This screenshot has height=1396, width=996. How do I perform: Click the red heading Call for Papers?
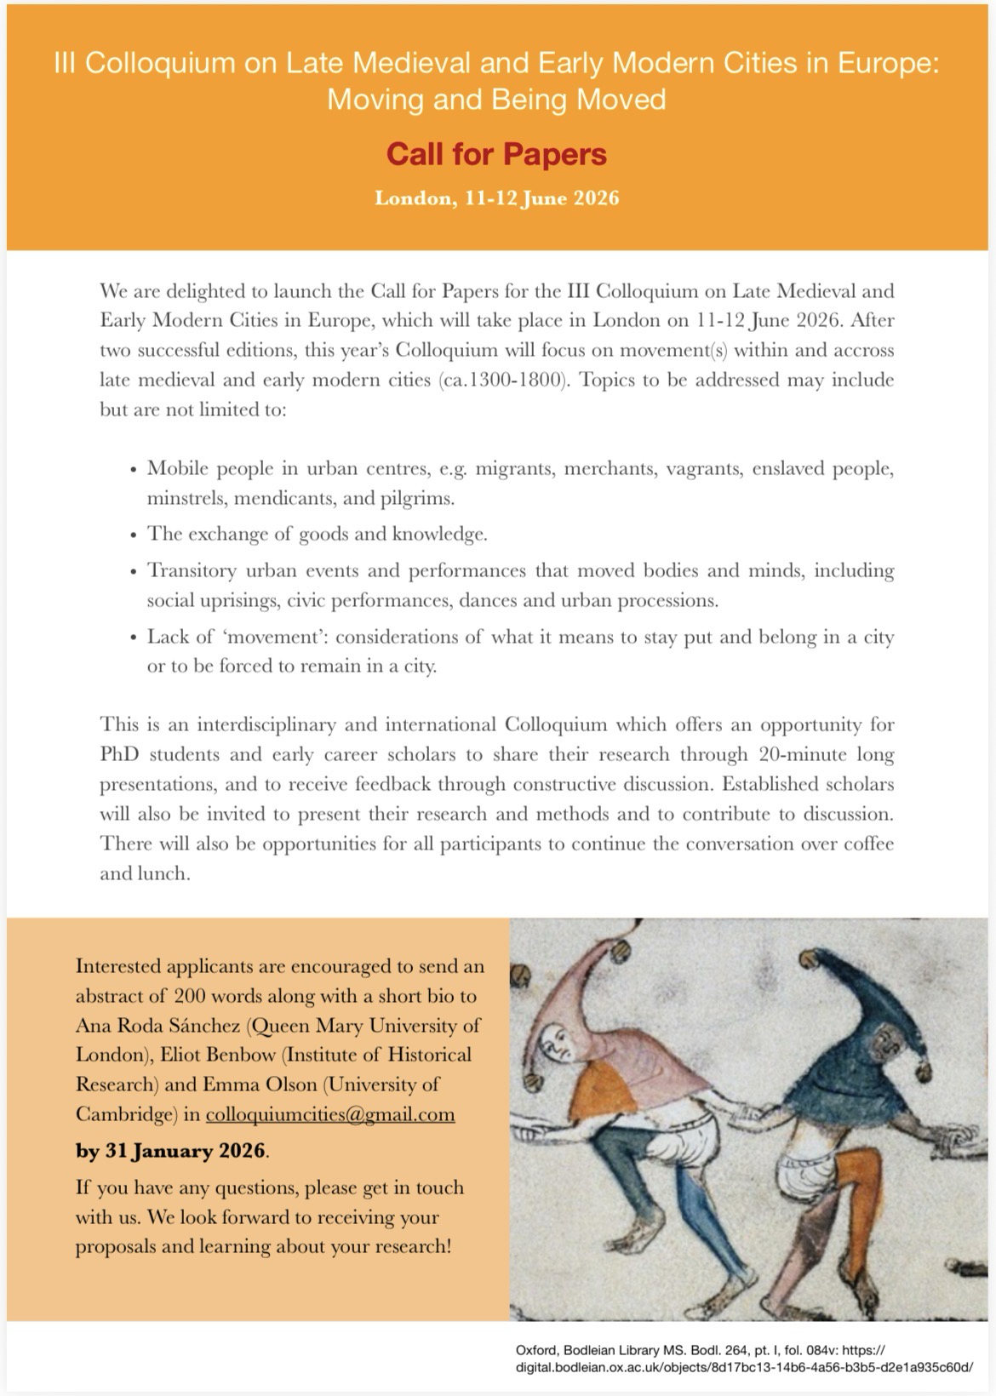tap(496, 154)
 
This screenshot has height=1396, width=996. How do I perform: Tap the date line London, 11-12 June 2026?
tap(496, 199)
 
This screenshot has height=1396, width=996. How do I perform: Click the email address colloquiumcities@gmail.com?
tap(330, 1114)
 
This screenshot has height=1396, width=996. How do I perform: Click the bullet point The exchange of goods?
tap(317, 535)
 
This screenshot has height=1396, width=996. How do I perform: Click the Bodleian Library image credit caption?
tap(743, 1358)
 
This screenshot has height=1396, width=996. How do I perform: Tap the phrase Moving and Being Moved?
tap(496, 100)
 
